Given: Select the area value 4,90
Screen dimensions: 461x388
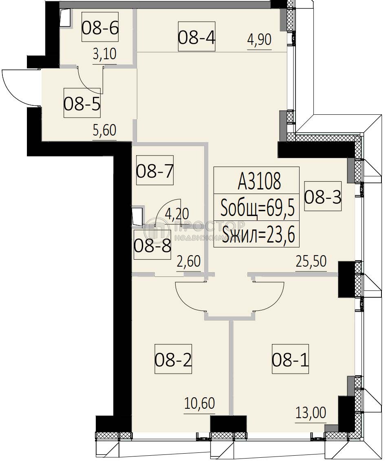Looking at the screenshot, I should pyautogui.click(x=259, y=41).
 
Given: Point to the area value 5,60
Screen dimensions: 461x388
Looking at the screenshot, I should pyautogui.click(x=104, y=131).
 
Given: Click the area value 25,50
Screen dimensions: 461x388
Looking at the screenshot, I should pyautogui.click(x=311, y=262).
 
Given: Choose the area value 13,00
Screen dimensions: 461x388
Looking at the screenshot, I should pyautogui.click(x=311, y=414).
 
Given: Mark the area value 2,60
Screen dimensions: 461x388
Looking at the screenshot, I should pyautogui.click(x=188, y=262).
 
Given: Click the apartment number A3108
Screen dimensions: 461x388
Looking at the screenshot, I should pyautogui.click(x=259, y=181).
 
